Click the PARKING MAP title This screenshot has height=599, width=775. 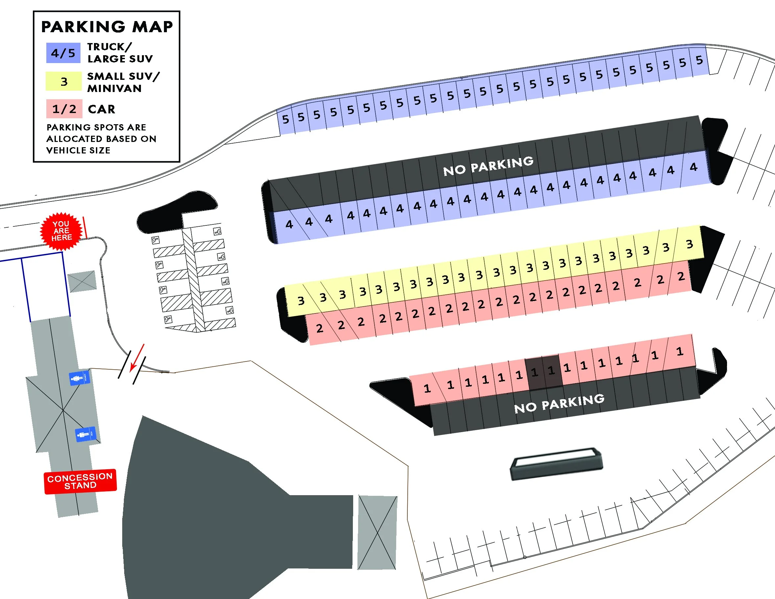click(107, 27)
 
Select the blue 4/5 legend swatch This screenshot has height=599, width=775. click(63, 53)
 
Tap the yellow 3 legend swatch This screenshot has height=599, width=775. click(63, 81)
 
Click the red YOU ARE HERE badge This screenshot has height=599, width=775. click(61, 231)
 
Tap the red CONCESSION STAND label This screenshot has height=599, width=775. click(80, 481)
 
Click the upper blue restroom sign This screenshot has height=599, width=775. click(80, 378)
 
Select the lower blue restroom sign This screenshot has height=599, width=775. click(85, 434)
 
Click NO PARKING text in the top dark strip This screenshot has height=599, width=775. click(488, 166)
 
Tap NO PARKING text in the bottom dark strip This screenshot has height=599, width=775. click(559, 403)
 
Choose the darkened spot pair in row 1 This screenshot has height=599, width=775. click(543, 372)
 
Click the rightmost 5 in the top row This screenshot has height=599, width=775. click(699, 60)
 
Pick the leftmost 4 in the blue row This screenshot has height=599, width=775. click(289, 224)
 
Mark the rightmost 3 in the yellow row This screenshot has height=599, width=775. click(689, 244)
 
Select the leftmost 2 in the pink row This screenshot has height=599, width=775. click(319, 328)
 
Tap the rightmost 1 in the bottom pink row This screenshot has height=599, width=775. click(679, 351)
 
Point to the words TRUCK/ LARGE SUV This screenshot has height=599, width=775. click(120, 53)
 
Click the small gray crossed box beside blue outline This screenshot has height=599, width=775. click(82, 281)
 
